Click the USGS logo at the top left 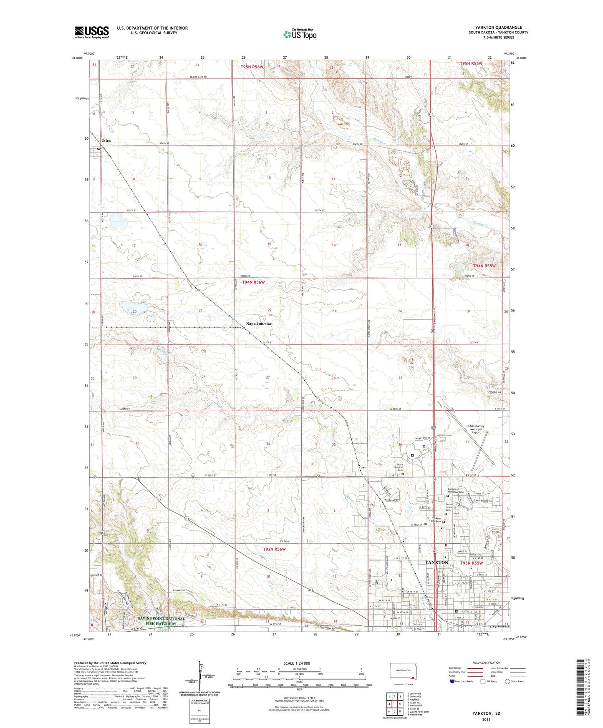tap(92, 32)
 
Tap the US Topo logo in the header tap(300, 34)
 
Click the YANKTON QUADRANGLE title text tap(498, 28)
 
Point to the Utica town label tap(106, 141)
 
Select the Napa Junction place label tap(259, 324)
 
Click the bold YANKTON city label tap(436, 562)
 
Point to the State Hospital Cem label tap(400, 467)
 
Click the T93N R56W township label tap(274, 549)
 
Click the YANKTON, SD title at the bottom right tap(486, 713)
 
